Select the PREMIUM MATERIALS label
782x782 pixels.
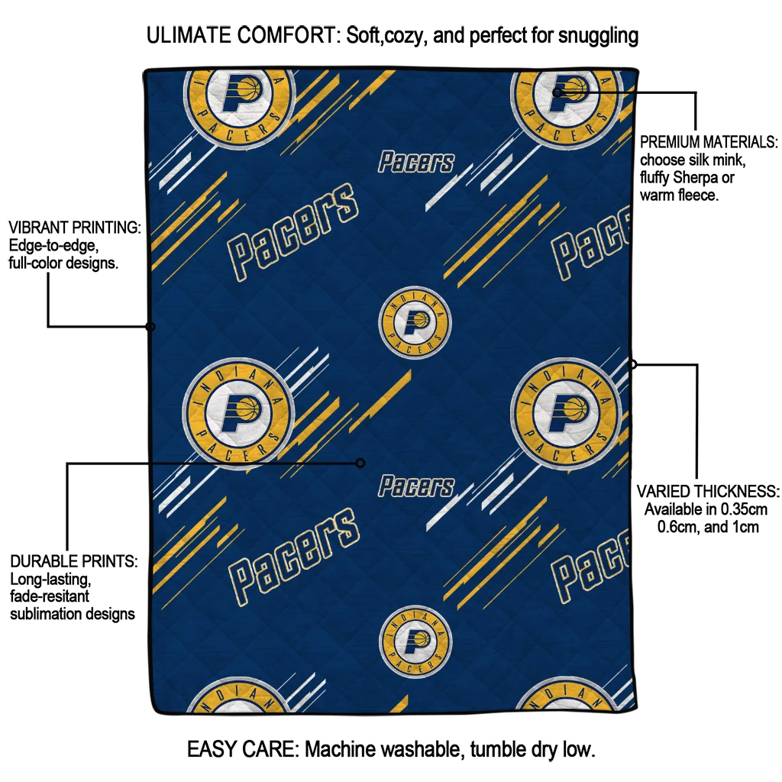click(x=708, y=143)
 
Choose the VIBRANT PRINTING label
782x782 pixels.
click(x=75, y=228)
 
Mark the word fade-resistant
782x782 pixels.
click(x=50, y=596)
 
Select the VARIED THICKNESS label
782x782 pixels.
click(x=708, y=491)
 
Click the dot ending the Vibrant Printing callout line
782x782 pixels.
click(x=150, y=327)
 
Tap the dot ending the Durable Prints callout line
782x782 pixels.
click(x=360, y=463)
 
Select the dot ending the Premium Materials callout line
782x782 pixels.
click(x=557, y=92)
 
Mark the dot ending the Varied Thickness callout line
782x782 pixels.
click(x=632, y=364)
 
